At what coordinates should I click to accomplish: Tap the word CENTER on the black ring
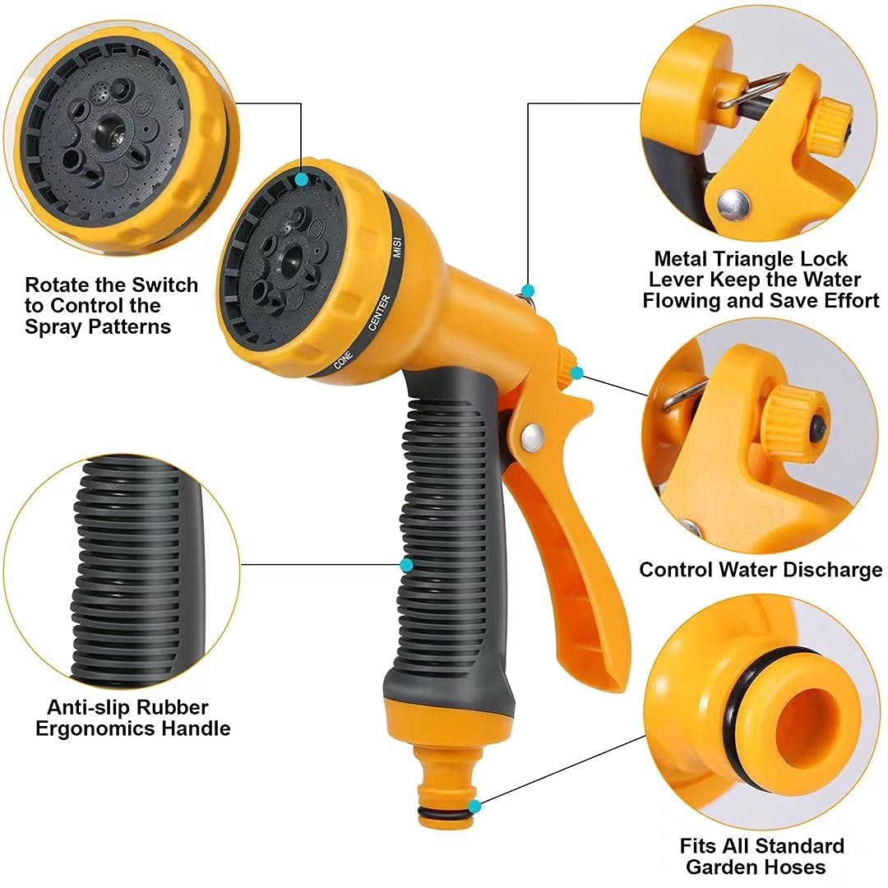coord(378,313)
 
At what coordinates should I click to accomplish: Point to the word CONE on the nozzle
coord(342,358)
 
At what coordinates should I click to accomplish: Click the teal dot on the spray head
coord(302,178)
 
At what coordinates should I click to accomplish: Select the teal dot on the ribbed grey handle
coord(406,565)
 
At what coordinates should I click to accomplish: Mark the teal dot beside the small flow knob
coord(576,373)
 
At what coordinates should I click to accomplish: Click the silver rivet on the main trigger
coord(530,433)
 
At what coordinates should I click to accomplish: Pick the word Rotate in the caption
coord(60,285)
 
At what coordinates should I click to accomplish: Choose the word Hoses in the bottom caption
coord(796,867)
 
